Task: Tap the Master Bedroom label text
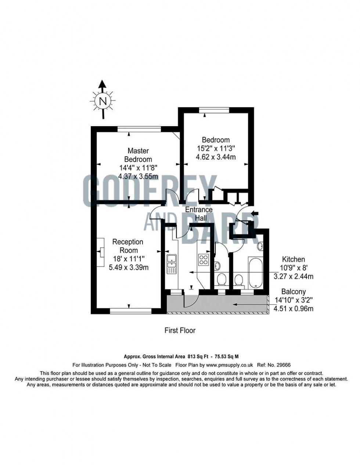click(138, 155)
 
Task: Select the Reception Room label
click(127, 246)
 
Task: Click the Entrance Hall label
click(198, 214)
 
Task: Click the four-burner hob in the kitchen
click(204, 260)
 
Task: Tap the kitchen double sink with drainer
click(171, 264)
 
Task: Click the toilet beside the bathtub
click(238, 282)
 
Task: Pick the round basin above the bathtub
click(260, 246)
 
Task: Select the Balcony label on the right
click(294, 291)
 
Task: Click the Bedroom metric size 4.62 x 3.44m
click(216, 157)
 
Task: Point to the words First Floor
click(180, 330)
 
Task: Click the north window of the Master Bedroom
click(139, 129)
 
